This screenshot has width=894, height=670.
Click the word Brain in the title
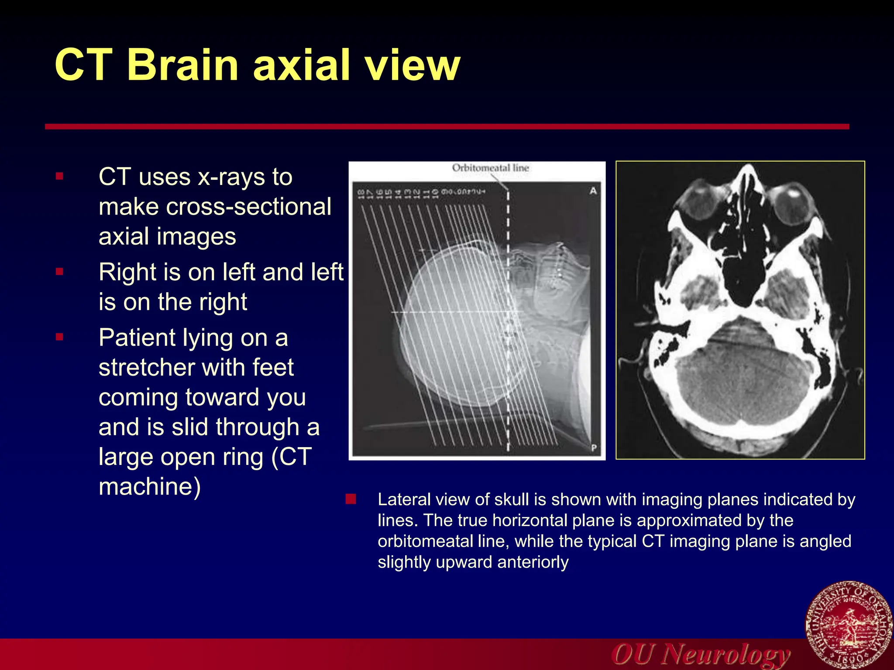tap(182, 65)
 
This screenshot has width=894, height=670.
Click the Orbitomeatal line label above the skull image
tap(490, 168)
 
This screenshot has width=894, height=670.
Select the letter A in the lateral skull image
tap(593, 191)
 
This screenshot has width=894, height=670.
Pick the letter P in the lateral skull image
tap(594, 448)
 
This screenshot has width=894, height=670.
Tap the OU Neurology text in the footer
tap(701, 654)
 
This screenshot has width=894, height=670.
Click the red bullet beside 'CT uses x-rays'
tap(60, 177)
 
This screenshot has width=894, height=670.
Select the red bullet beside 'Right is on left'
tap(60, 272)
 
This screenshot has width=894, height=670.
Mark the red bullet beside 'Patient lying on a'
tap(60, 337)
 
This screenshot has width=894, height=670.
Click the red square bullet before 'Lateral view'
tap(351, 499)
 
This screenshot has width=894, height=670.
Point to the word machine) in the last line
tap(150, 487)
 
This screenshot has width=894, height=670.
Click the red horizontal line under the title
tap(447, 126)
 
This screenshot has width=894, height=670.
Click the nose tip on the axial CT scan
tap(748, 168)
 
